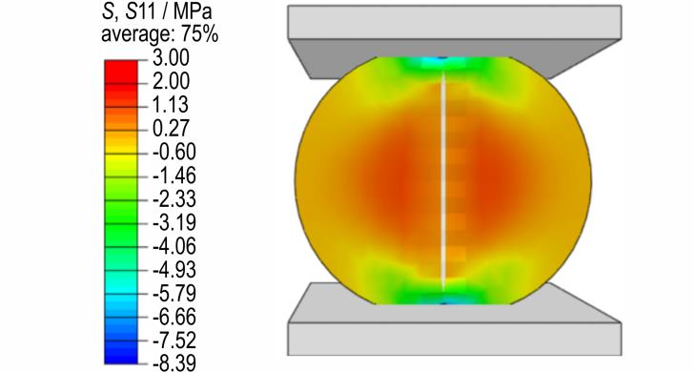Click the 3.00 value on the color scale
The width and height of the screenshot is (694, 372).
[x=171, y=58]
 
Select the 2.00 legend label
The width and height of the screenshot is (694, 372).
[x=171, y=81]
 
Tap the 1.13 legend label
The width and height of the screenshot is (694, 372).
[x=171, y=105]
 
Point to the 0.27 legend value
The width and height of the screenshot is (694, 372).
[x=171, y=129]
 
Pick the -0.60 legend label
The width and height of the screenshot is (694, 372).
[x=174, y=152]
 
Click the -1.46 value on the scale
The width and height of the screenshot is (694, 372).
[x=174, y=176]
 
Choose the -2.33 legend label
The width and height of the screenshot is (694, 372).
[x=174, y=199]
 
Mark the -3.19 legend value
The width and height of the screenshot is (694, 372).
[x=174, y=223]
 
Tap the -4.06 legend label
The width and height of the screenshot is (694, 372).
[x=174, y=246]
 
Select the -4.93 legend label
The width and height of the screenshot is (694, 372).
[x=174, y=270]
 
